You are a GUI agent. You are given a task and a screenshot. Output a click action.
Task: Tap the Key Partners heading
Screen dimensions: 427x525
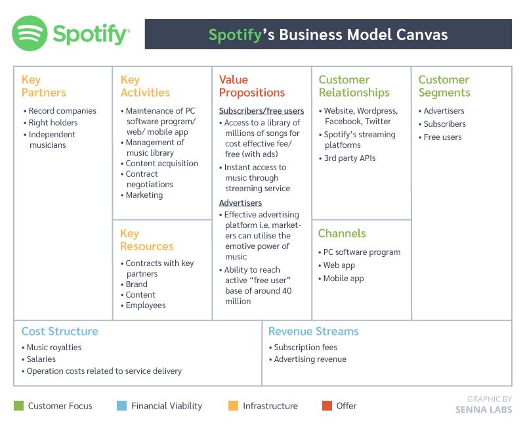(43, 86)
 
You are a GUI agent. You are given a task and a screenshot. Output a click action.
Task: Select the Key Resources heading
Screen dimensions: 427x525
(146, 240)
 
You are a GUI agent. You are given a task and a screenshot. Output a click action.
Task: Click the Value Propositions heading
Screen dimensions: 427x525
(251, 86)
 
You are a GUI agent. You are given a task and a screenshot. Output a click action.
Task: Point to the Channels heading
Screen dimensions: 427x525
(341, 233)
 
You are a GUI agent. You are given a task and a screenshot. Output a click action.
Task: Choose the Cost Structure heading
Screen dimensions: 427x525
(60, 331)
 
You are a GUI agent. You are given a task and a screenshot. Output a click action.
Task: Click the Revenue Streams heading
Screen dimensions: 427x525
(313, 331)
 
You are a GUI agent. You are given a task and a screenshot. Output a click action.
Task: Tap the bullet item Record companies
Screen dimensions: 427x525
(62, 111)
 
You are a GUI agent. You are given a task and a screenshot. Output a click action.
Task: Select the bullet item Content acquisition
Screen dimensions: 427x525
(161, 164)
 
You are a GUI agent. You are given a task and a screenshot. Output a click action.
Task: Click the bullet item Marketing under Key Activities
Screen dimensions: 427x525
(144, 195)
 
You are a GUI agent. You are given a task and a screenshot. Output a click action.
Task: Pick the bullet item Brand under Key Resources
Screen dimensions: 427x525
(136, 284)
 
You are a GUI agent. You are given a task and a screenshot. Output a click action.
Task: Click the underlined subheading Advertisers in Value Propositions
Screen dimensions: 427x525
(240, 203)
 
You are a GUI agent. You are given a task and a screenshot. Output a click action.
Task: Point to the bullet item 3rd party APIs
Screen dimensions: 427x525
(349, 158)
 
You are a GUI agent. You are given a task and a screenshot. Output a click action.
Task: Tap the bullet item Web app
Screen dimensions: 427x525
(339, 265)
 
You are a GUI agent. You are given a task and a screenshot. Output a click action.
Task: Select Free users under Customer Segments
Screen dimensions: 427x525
(442, 137)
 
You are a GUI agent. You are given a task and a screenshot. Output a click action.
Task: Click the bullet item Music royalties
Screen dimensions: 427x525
(54, 348)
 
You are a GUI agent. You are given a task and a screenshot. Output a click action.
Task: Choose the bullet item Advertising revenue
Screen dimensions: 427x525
(310, 359)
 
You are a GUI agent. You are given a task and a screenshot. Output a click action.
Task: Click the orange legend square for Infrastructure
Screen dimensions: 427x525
(233, 406)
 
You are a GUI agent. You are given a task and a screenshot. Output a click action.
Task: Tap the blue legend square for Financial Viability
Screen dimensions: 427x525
(121, 406)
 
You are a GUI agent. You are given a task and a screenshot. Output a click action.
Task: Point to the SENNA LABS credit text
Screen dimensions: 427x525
(484, 410)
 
